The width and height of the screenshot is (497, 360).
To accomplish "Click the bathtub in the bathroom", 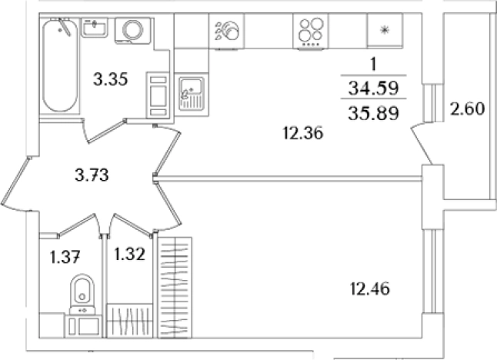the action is [60, 65].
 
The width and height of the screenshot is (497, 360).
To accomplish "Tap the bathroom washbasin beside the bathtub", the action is [95, 28].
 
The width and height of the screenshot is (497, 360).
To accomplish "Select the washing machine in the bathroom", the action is [132, 31].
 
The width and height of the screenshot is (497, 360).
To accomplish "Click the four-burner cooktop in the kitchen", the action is [311, 32].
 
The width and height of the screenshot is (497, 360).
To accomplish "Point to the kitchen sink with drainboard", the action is [191, 94].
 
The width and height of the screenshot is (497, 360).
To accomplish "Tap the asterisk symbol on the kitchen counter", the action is [385, 31].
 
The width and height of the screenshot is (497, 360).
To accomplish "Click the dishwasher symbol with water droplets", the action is [226, 32].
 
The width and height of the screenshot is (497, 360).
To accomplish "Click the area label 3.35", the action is [111, 79].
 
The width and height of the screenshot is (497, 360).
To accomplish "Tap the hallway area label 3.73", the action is [92, 175].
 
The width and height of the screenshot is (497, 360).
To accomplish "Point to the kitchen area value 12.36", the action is [303, 133].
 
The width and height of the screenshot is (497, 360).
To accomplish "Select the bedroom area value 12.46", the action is [370, 289].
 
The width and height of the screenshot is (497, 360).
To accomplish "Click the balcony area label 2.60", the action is [468, 108].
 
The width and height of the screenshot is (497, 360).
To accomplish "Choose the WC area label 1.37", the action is [65, 257].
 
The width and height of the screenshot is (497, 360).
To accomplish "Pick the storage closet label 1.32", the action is [130, 254].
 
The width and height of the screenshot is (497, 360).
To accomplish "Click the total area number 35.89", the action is [373, 113].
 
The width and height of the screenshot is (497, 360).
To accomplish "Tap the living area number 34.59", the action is [373, 88].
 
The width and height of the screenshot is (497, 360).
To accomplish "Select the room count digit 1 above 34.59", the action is [373, 64].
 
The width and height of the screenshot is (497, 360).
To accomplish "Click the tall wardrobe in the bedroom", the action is [175, 288].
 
